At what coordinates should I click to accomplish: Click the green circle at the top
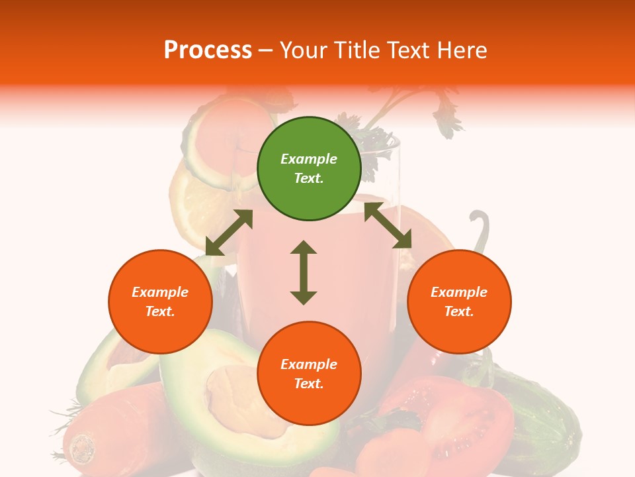[x=309, y=169]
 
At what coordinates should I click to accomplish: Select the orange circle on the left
[x=160, y=301]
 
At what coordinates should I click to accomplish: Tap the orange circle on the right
[x=459, y=301]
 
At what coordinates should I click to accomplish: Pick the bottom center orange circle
[x=309, y=374]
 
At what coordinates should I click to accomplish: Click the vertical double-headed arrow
[x=304, y=272]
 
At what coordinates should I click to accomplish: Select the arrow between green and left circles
[x=229, y=233]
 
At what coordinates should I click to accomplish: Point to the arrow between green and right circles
[x=388, y=225]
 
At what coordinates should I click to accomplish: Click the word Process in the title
[x=208, y=50]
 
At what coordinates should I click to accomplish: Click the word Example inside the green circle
[x=309, y=159]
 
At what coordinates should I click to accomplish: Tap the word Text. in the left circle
[x=160, y=311]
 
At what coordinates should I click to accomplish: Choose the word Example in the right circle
[x=459, y=292]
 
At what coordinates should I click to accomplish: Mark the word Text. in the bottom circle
[x=309, y=384]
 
